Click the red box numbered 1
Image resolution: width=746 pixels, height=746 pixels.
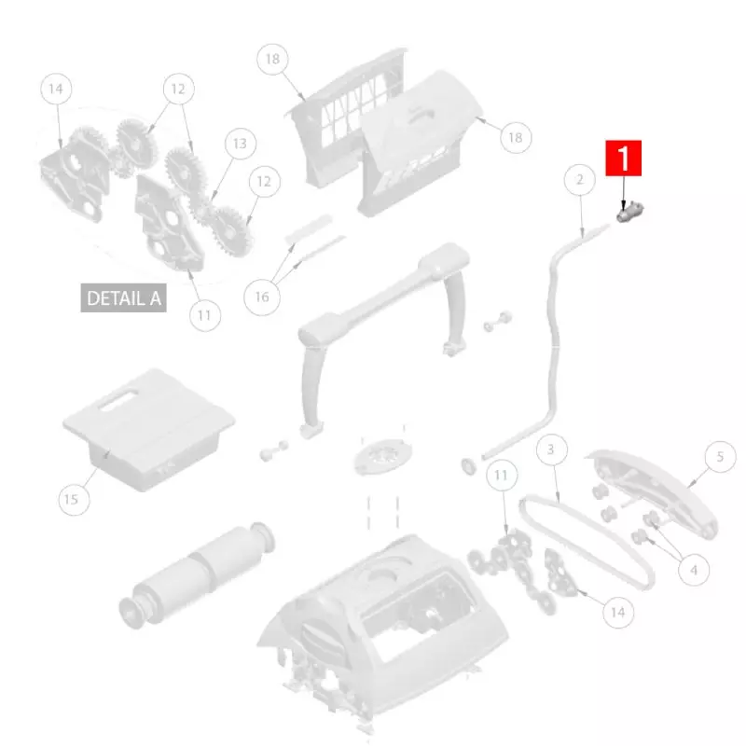(x=623, y=158)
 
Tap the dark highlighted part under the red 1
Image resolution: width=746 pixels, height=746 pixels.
(x=629, y=212)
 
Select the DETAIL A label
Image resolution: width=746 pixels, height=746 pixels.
(x=124, y=297)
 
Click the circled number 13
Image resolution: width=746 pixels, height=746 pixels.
(x=241, y=144)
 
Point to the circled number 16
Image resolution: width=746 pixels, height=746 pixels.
(x=262, y=297)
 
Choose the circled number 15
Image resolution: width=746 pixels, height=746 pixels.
(x=74, y=500)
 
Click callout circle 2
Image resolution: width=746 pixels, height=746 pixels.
(x=579, y=179)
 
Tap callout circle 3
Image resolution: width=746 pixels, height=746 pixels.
(x=551, y=449)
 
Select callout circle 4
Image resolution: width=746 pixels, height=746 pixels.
(x=694, y=570)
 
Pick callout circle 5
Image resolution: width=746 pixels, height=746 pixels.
(x=720, y=457)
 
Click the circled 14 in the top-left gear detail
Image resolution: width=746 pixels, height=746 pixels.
(x=56, y=89)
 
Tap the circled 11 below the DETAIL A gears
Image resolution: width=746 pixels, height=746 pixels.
(x=205, y=315)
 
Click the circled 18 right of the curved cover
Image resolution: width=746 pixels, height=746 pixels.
(x=516, y=137)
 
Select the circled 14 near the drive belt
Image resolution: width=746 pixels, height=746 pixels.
(x=618, y=612)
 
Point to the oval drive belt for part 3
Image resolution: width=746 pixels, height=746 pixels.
(x=588, y=542)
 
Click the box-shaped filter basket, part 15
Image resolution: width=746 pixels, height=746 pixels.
(x=148, y=429)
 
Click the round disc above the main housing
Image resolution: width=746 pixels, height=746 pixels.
(x=383, y=456)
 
